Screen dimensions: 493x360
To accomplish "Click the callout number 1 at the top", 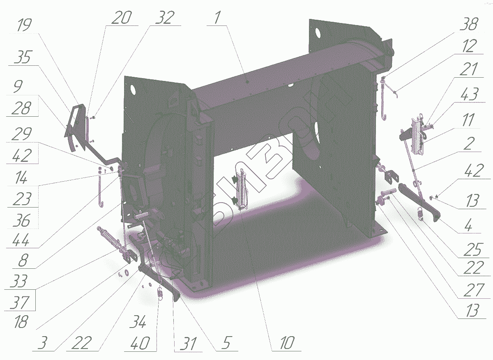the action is point(217,18).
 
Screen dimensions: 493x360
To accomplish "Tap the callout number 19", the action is point(24,25).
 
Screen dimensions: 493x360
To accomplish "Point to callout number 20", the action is point(122,18).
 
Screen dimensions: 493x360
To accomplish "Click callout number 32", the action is point(165,18).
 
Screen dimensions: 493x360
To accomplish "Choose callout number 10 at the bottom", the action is point(288,343).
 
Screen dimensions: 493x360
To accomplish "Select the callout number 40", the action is point(140,343).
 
